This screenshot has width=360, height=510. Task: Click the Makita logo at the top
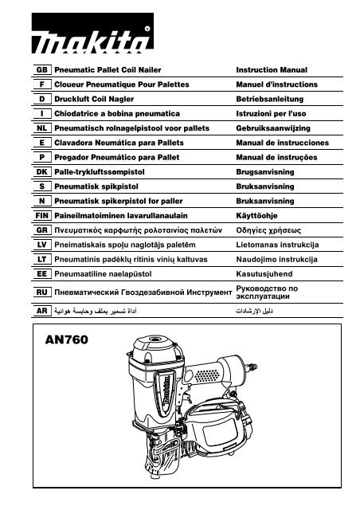tap(92, 33)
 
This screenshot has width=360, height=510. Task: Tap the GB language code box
tap(42, 70)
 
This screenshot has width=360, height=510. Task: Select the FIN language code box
tap(42, 216)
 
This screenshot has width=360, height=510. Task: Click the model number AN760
tap(67, 339)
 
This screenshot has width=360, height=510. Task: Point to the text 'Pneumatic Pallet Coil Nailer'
tap(108, 70)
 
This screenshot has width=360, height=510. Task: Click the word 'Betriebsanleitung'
tap(269, 99)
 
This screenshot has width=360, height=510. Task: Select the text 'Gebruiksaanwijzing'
tap(273, 128)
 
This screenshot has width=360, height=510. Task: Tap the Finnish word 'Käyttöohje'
tap(256, 216)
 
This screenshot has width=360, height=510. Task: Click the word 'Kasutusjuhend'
tap(264, 274)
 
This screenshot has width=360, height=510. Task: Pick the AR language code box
tap(42, 311)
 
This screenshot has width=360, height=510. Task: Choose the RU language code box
tap(42, 292)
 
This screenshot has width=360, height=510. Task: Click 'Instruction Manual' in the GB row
tap(272, 70)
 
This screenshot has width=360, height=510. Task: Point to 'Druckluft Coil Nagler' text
tap(94, 99)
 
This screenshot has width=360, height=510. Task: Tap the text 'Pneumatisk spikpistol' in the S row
tap(96, 186)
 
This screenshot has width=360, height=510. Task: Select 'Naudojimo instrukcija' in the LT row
tap(276, 260)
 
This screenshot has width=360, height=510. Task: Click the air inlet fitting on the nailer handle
tap(251, 367)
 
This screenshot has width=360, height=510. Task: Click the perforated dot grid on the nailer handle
tap(207, 375)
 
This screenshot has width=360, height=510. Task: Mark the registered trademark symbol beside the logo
tap(147, 29)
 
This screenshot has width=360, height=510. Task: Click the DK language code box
tap(42, 172)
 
